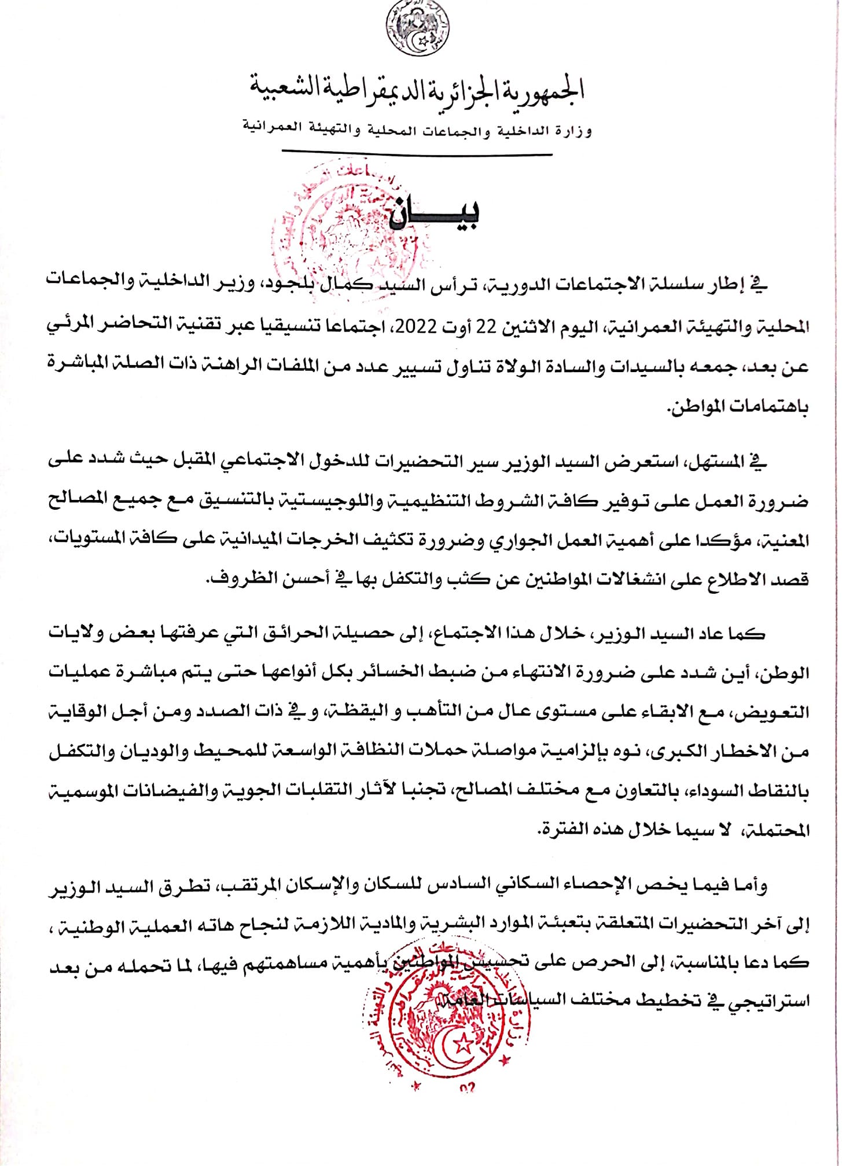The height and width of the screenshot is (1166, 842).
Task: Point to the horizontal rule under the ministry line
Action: [x=417, y=154]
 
